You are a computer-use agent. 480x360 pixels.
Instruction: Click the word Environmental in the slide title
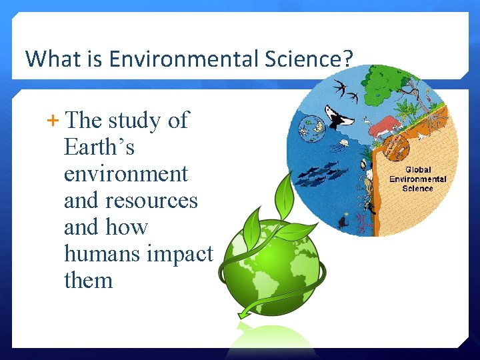[x=173, y=59]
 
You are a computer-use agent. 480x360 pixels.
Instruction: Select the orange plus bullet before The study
[x=53, y=121]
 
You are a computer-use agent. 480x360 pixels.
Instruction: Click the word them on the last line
[x=88, y=281]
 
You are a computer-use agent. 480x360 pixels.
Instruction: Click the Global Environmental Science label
[x=417, y=179]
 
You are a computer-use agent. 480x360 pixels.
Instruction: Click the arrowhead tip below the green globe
[x=244, y=313]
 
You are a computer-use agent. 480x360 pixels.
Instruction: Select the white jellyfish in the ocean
[x=344, y=143]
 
